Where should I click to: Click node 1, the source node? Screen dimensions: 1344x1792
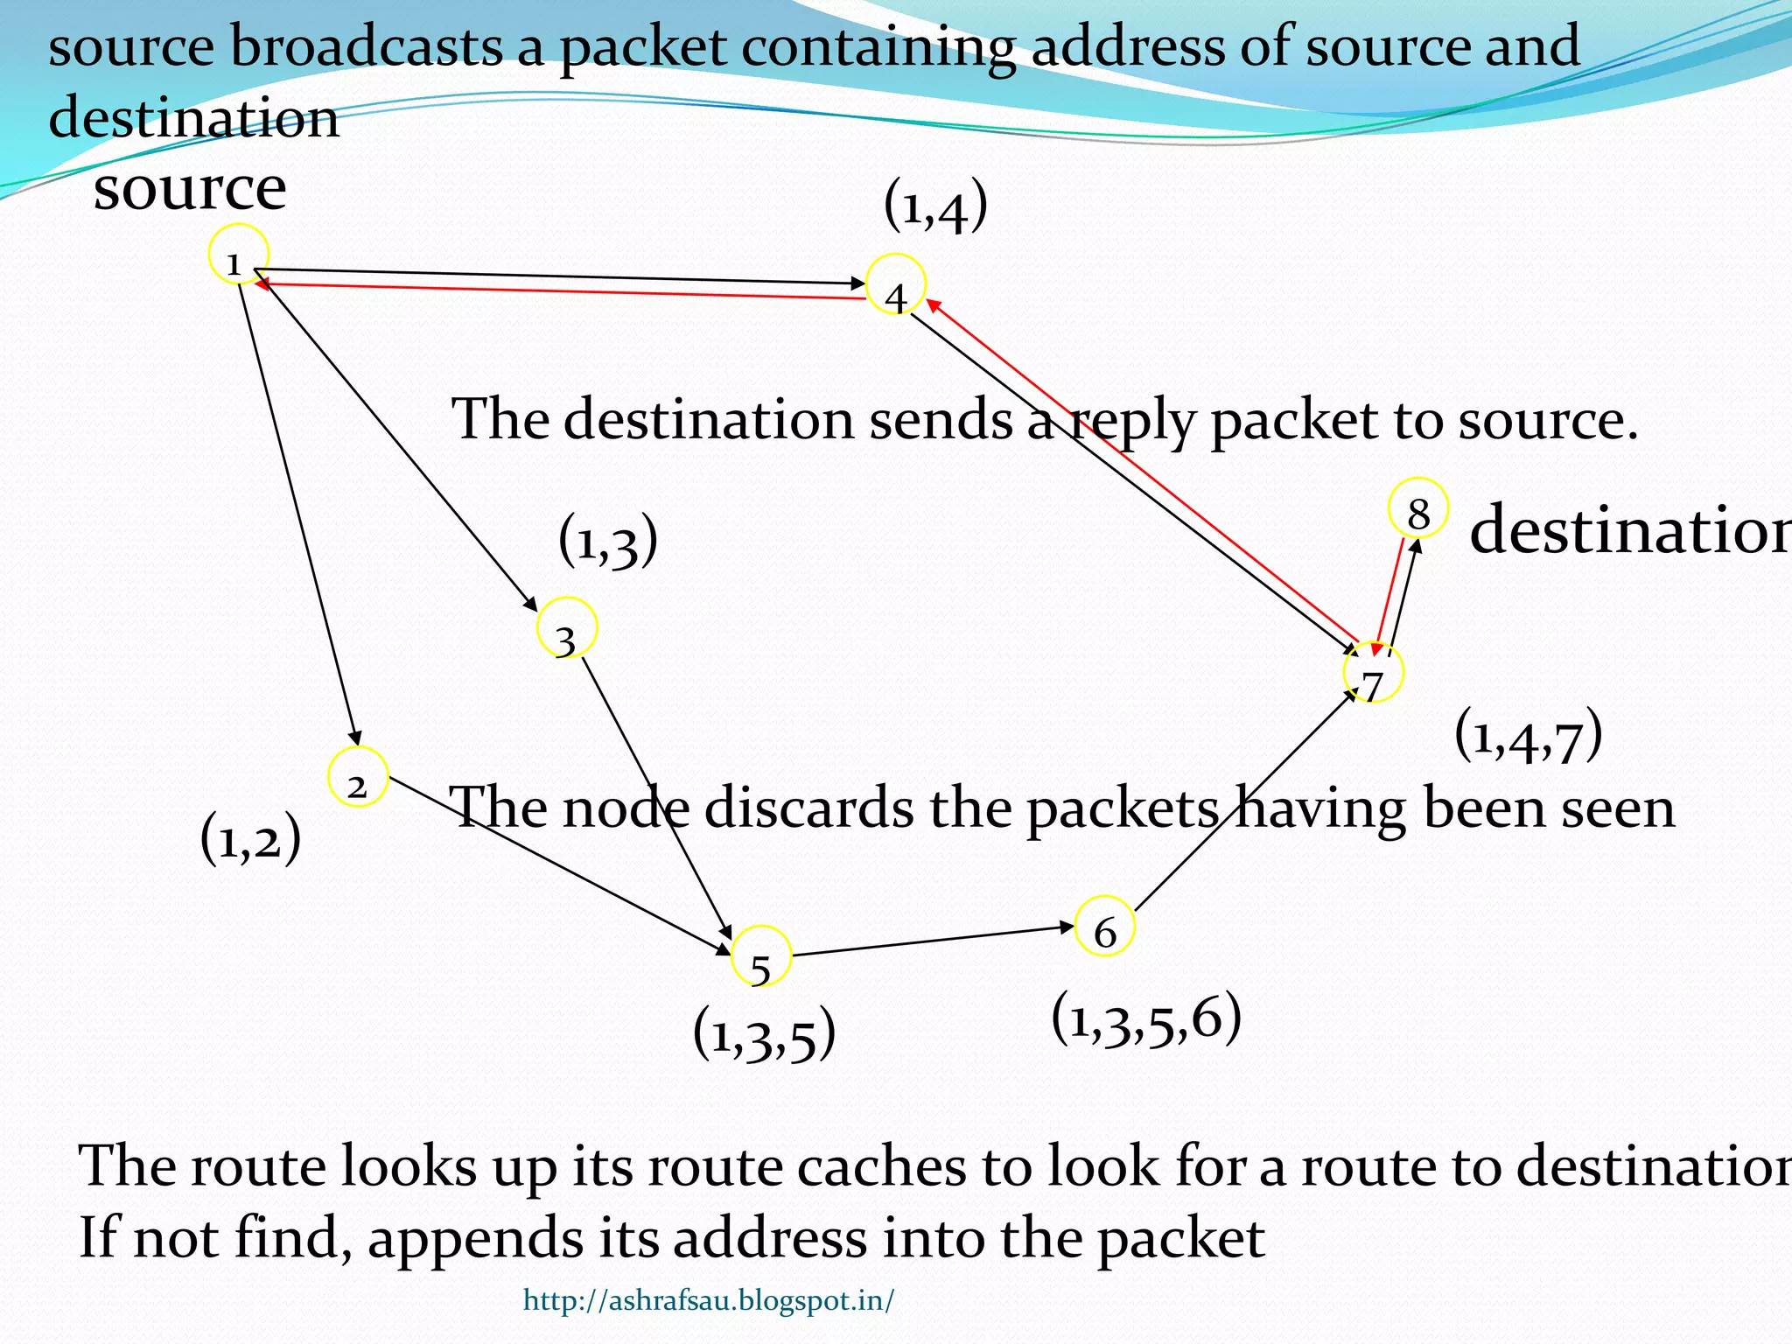click(x=238, y=255)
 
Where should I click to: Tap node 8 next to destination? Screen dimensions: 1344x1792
click(x=1418, y=507)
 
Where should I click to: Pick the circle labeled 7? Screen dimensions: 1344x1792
click(x=1374, y=673)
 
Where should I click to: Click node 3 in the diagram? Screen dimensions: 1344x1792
click(x=567, y=627)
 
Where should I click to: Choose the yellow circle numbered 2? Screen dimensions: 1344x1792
click(x=358, y=777)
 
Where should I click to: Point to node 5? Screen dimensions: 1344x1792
click(x=760, y=955)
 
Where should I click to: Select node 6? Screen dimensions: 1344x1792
click(x=1105, y=926)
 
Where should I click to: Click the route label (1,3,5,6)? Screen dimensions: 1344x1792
click(x=1146, y=1019)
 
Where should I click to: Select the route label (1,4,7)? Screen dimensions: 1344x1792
click(x=1529, y=737)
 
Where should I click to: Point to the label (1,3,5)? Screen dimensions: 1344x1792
click(x=764, y=1034)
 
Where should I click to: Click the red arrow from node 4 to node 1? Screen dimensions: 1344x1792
click(x=560, y=290)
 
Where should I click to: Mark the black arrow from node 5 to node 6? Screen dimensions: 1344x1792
click(x=932, y=941)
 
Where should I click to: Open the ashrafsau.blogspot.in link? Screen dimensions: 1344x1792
click(x=709, y=1301)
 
